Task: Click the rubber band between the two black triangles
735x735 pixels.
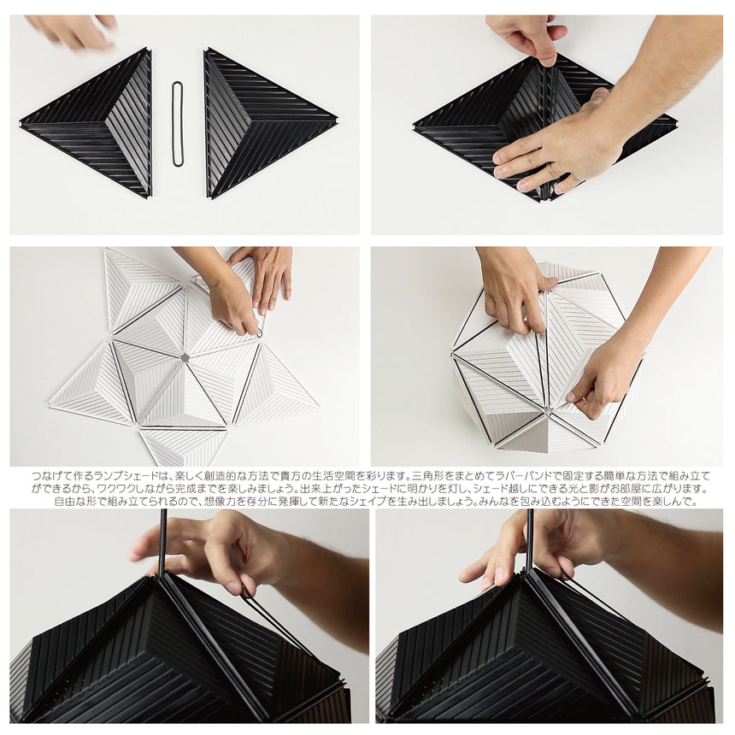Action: coord(178,123)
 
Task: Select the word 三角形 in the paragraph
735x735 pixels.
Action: coord(427,475)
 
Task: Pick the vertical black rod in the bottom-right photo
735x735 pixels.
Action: coord(530,538)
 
